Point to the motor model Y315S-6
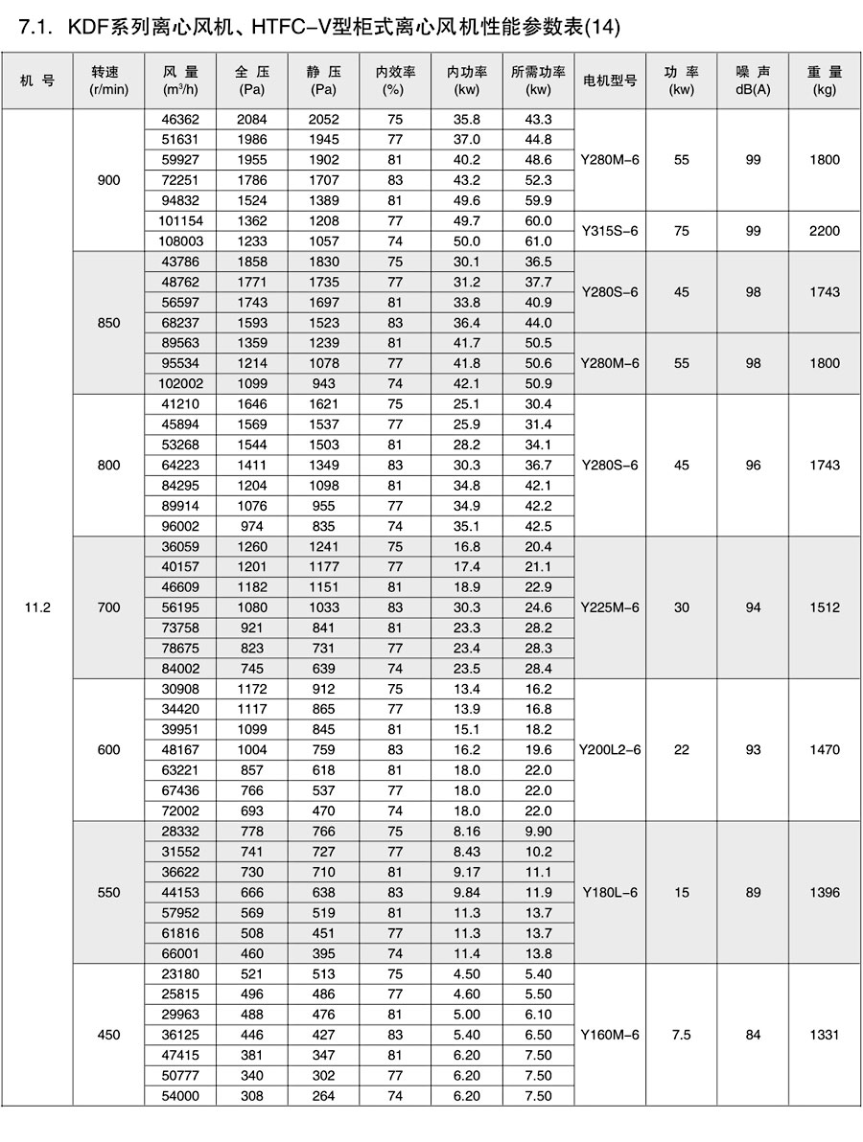610,231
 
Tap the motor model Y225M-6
610,607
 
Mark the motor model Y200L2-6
610,750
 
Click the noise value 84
753,1035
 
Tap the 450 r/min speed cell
109,1035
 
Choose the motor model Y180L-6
610,892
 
